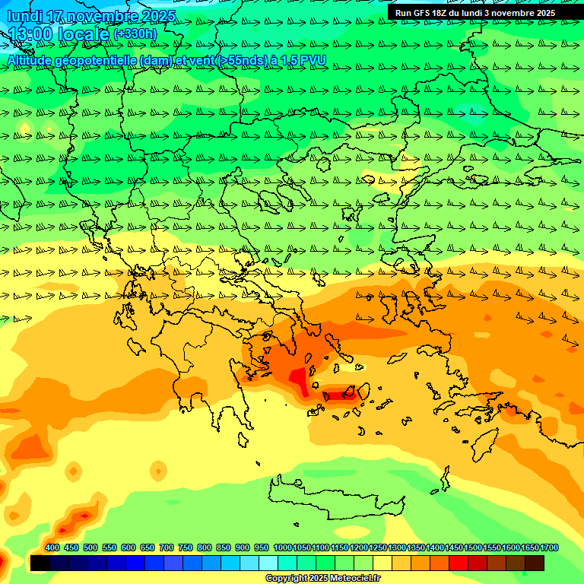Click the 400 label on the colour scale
[x=52, y=547]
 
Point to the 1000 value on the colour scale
[x=282, y=547]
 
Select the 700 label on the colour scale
[x=167, y=547]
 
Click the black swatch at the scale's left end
[x=40, y=563]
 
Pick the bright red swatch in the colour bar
[x=459, y=563]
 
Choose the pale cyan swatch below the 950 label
[x=268, y=563]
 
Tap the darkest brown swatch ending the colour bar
[x=535, y=563]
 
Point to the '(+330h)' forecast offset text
[x=135, y=34]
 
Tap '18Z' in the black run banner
[x=446, y=13]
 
